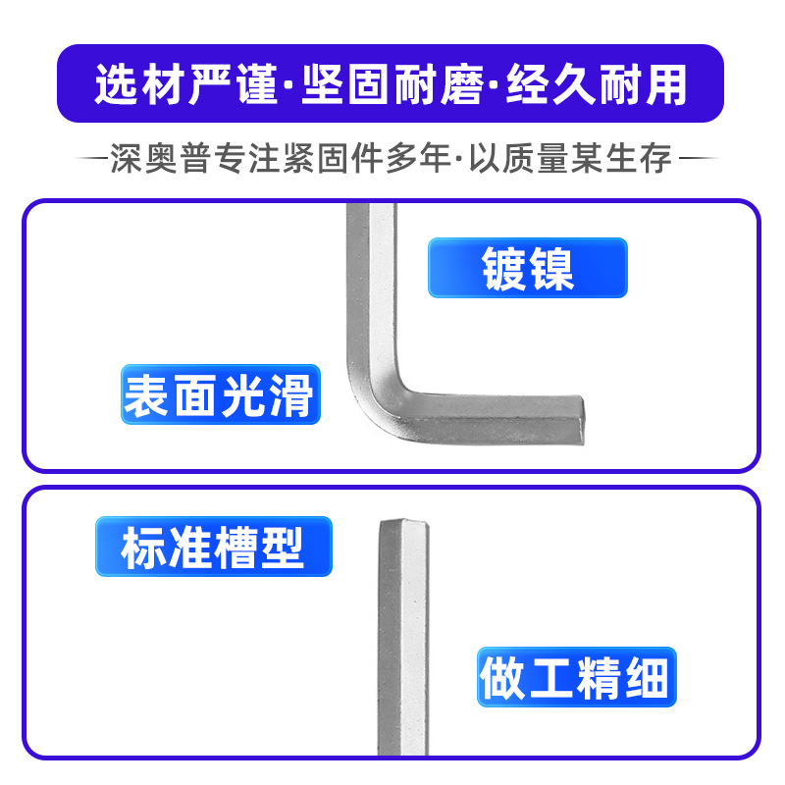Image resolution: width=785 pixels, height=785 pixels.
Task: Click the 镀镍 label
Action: click(527, 268)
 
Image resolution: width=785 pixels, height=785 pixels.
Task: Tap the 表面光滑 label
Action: click(220, 395)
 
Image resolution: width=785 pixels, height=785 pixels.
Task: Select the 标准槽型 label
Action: click(213, 547)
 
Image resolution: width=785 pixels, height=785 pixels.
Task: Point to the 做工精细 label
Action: click(576, 676)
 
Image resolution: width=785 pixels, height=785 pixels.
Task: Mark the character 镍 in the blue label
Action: click(551, 268)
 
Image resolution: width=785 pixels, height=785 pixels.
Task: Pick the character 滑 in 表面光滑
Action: click(291, 395)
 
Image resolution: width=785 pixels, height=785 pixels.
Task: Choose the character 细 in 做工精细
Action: click(649, 676)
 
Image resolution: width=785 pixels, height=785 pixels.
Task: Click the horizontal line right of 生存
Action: click(699, 158)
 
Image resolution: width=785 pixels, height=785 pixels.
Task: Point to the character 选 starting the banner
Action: click(115, 84)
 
